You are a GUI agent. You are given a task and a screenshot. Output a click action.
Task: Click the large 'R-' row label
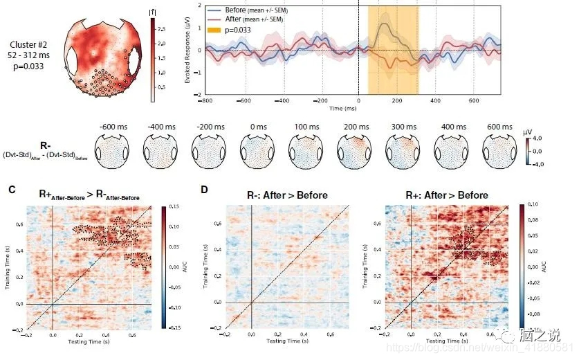46,146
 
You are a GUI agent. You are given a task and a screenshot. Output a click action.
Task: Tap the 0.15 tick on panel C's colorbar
176,207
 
